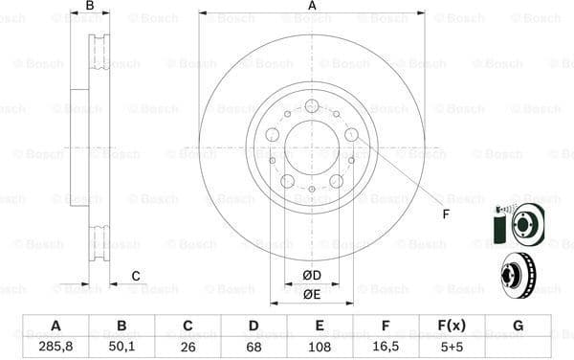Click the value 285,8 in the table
point(55,347)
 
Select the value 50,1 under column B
point(121,347)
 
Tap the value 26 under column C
point(187,347)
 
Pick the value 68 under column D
point(254,347)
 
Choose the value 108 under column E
point(320,347)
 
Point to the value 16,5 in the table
point(386,347)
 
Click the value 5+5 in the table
point(452,347)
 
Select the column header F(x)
point(452,326)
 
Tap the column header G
point(518,326)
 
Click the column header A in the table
point(55,326)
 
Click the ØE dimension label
point(312,294)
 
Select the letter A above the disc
point(312,7)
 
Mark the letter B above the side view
point(90,7)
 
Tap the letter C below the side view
point(135,277)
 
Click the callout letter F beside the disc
point(446,214)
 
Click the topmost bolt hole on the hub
point(312,106)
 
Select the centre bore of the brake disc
point(312,147)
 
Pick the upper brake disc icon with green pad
point(517,225)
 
